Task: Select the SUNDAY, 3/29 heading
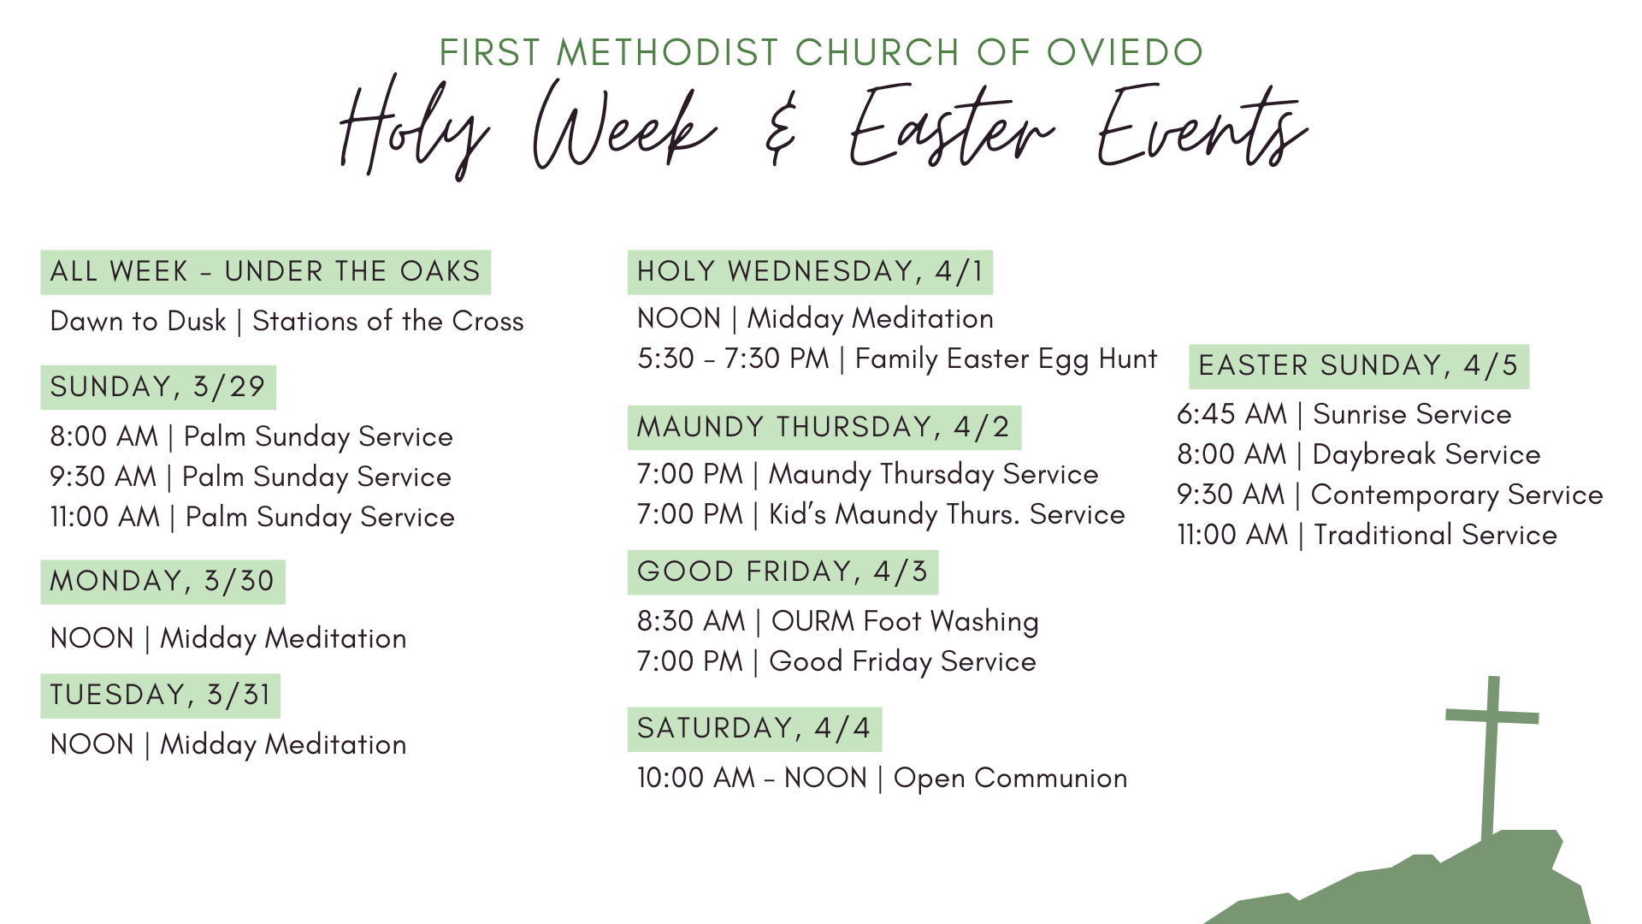[x=158, y=387]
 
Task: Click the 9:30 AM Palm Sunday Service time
[x=103, y=477]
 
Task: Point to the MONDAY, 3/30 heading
[x=162, y=582]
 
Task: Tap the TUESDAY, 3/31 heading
[x=160, y=696]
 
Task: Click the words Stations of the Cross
[x=387, y=322]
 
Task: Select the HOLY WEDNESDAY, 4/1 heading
[x=810, y=272]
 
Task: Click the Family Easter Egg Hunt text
[x=1006, y=359]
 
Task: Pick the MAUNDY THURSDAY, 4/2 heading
[x=824, y=427]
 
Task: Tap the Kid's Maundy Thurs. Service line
[x=946, y=515]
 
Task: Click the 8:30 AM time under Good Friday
[x=691, y=622]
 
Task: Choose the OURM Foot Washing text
[x=905, y=622]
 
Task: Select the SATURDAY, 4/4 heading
[x=754, y=729]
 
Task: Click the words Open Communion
[x=1010, y=779]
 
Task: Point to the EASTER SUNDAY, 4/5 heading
[x=1358, y=366]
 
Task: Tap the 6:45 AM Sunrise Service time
[x=1231, y=415]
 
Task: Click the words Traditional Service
[x=1435, y=536]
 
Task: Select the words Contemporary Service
[x=1456, y=495]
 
